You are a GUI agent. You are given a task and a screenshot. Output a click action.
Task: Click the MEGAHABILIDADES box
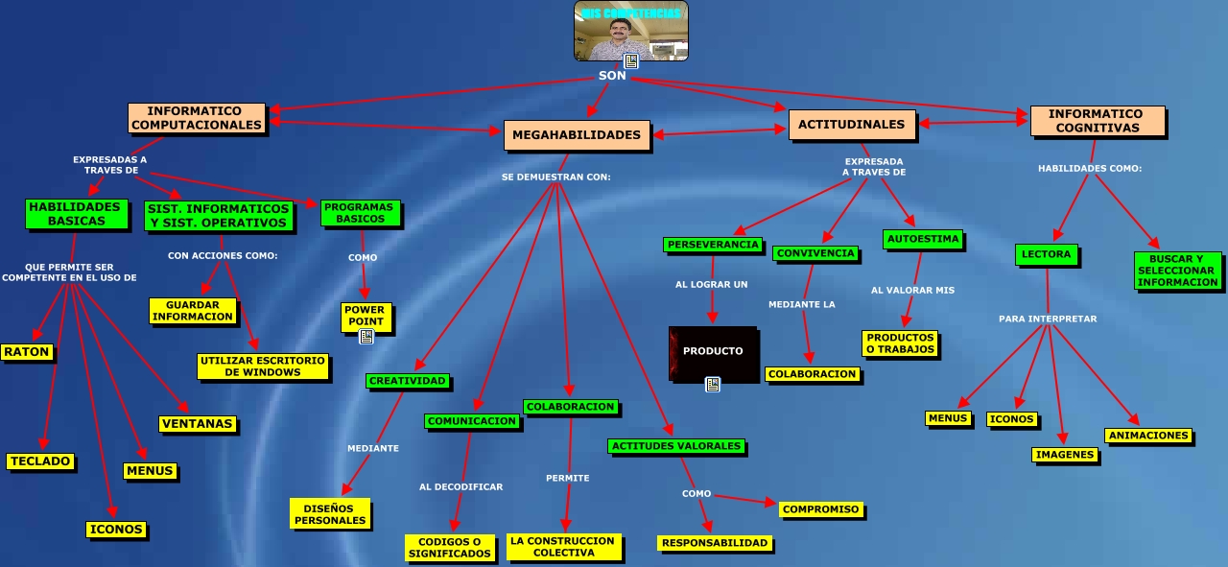577,135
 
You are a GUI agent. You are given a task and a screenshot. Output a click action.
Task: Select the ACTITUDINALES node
851,125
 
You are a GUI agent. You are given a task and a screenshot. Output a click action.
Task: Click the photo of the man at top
630,31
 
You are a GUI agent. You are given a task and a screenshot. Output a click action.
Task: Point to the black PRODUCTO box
713,351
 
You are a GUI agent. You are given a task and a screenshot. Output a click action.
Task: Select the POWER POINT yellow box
365,316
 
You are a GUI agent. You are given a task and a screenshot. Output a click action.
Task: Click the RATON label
27,352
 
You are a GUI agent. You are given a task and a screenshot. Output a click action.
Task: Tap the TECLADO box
40,461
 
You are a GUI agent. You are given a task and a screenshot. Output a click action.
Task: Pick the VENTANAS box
198,424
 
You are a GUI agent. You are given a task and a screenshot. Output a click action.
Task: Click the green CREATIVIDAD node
408,381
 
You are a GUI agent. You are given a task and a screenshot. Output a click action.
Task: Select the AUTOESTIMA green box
922,238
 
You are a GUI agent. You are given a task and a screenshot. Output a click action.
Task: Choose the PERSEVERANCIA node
712,245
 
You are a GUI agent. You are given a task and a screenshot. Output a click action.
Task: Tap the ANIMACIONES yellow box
1148,436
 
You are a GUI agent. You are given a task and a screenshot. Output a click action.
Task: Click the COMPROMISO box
820,509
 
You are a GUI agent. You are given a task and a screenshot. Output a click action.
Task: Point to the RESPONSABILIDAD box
715,543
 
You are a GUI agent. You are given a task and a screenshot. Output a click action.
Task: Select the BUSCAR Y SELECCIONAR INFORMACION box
1177,271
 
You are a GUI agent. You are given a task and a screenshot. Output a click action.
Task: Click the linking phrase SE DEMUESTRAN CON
555,177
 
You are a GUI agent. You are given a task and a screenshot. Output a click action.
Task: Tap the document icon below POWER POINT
366,337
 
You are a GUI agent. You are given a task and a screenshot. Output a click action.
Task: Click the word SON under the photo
612,76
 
